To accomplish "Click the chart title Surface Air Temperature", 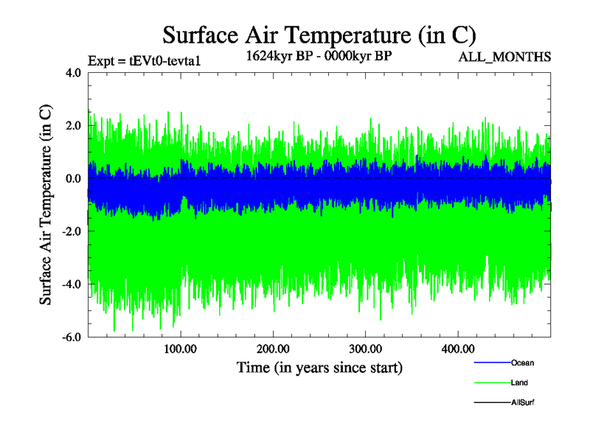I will (x=319, y=35).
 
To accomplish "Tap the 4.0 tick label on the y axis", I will (x=73, y=73).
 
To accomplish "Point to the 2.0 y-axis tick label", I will (x=73, y=126).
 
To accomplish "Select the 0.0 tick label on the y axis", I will (x=73, y=179).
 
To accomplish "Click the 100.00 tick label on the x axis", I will (x=181, y=349).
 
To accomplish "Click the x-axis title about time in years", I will (x=319, y=367).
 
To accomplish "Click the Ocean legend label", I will (x=522, y=363).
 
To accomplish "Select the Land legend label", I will (x=519, y=383).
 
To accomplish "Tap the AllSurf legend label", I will (x=522, y=403).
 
